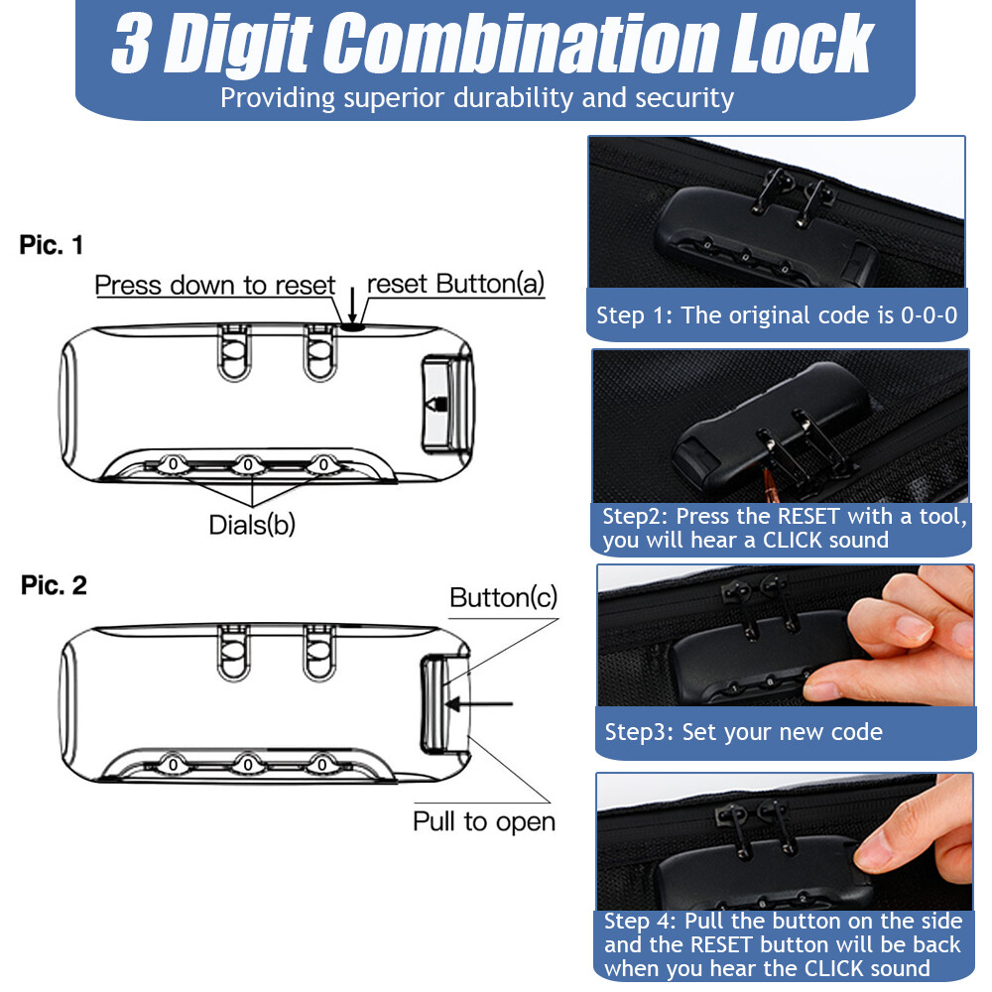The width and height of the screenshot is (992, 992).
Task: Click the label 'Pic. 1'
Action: (x=52, y=246)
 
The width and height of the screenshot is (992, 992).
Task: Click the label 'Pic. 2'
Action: (x=54, y=585)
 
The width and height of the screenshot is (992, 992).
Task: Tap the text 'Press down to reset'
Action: (x=214, y=286)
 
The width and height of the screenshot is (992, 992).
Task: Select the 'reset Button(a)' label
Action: (x=455, y=285)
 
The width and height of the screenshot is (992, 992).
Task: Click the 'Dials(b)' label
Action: (x=252, y=525)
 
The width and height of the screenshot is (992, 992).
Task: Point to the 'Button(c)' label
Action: (x=503, y=597)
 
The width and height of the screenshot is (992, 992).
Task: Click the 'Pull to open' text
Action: (x=484, y=821)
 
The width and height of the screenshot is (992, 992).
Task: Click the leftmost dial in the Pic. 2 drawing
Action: (x=172, y=765)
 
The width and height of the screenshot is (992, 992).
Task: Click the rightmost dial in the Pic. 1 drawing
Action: (x=322, y=463)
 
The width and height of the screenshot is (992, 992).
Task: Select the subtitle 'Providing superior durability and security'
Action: (x=476, y=98)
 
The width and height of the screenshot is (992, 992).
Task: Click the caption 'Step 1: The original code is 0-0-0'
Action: (x=776, y=316)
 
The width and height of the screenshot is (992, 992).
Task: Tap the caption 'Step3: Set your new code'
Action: (x=743, y=733)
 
